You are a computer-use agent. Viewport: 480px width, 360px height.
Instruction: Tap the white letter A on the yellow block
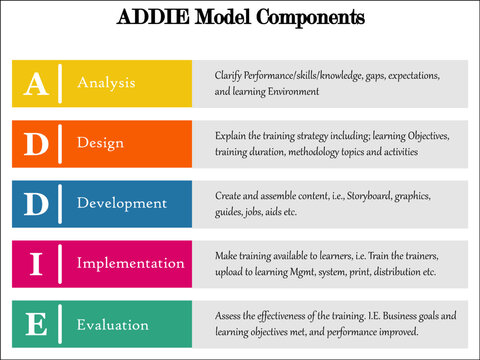click(35, 84)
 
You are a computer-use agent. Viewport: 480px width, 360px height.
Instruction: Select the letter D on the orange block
click(35, 144)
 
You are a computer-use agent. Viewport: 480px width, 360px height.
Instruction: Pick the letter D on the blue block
click(35, 204)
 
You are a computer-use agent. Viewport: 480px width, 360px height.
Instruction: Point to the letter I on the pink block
click(35, 264)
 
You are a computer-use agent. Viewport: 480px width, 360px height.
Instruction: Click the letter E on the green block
click(35, 324)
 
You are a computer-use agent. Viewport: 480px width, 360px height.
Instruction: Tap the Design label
click(100, 143)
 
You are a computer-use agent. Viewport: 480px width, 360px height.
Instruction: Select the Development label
click(122, 203)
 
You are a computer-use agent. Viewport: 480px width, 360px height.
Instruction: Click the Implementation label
click(131, 263)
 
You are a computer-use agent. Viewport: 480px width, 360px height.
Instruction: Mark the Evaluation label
click(113, 324)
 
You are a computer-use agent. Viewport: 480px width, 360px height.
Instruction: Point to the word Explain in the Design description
click(231, 135)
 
